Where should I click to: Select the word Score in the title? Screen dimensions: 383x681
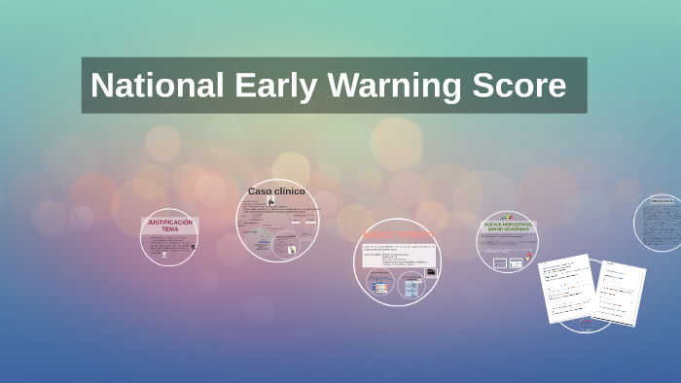pyautogui.click(x=520, y=86)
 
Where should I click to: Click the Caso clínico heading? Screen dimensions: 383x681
pyautogui.click(x=276, y=191)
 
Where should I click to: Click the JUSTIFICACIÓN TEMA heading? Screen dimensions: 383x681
pyautogui.click(x=170, y=226)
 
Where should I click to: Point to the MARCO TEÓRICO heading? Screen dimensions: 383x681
pyautogui.click(x=397, y=236)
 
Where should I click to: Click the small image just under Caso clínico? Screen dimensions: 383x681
pyautogui.click(x=271, y=201)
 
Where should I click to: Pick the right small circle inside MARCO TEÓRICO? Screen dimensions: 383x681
pyautogui.click(x=412, y=286)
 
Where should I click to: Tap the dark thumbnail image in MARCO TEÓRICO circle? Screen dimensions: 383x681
pyautogui.click(x=431, y=272)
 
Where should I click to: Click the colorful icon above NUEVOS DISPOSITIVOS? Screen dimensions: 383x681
pyautogui.click(x=507, y=217)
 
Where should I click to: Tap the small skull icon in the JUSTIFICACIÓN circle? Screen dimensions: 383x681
pyautogui.click(x=193, y=246)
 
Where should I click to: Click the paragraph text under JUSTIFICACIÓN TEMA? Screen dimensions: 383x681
pyautogui.click(x=167, y=247)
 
